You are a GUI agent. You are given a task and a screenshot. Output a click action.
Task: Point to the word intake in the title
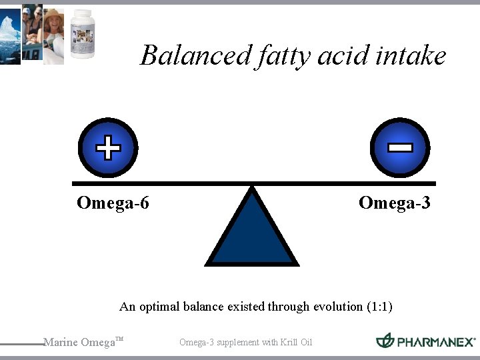pos(411,55)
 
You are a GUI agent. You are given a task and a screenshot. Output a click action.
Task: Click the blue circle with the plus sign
pos(108,148)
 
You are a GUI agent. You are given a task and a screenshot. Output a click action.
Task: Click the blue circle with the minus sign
pos(400,148)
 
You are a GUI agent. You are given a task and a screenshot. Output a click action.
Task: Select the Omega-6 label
pos(113,203)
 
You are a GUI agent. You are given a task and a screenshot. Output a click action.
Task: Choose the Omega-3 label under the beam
pos(394,203)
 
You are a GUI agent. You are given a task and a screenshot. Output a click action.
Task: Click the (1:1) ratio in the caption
pos(379,307)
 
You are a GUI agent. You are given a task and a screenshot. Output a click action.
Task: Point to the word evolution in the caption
pos(335,307)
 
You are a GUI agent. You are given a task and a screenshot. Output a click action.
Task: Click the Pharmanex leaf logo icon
pos(385,341)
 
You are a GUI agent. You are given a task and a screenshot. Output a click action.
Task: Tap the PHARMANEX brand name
pos(436,342)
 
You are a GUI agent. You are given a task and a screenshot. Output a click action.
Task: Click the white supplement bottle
pos(83,33)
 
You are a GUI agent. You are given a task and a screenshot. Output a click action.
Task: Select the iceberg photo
pos(10,33)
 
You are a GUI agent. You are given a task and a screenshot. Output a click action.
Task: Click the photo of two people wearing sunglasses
pos(31,33)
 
